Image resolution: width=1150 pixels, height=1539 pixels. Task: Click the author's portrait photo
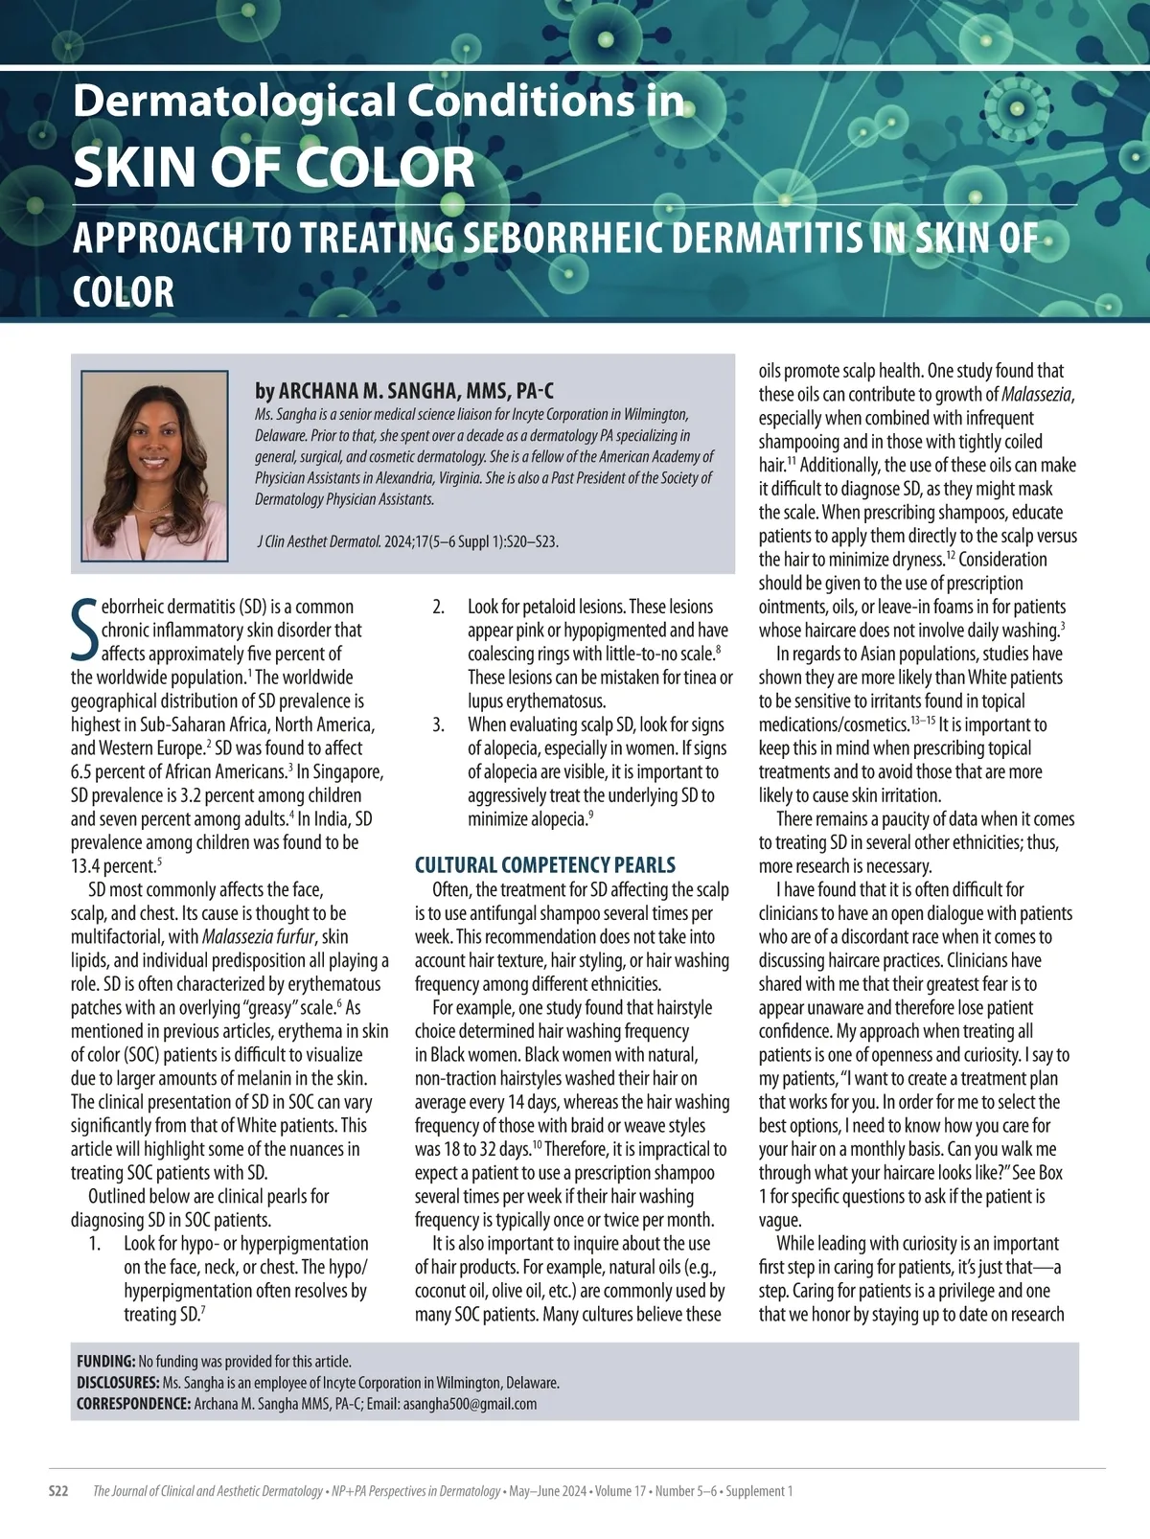click(x=154, y=466)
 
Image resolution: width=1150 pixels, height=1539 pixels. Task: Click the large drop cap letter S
click(x=84, y=630)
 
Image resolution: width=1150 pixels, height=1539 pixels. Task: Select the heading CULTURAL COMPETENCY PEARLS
click(x=544, y=865)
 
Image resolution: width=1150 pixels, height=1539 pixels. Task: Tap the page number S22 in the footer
click(x=59, y=1491)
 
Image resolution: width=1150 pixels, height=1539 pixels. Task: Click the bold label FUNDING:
click(x=105, y=1361)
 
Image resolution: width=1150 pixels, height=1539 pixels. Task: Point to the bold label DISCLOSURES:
click(x=118, y=1383)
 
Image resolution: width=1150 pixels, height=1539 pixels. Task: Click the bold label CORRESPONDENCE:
click(x=133, y=1404)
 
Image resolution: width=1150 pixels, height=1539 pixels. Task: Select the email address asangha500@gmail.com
click(x=470, y=1404)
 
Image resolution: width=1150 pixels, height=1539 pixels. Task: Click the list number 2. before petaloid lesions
click(x=438, y=607)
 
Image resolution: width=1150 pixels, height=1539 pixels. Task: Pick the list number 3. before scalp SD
click(x=438, y=724)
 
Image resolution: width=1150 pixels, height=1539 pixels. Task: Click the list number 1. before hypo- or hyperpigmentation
click(x=94, y=1244)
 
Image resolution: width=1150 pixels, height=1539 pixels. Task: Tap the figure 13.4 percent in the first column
click(x=111, y=866)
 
